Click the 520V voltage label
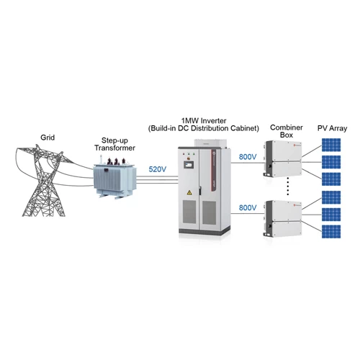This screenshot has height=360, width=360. [157, 169]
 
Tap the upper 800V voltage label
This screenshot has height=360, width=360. [248, 157]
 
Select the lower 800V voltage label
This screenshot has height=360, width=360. [248, 207]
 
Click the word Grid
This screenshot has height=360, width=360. [48, 138]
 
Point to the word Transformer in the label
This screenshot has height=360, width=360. [114, 148]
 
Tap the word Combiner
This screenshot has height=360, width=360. [287, 127]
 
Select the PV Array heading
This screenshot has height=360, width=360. [332, 128]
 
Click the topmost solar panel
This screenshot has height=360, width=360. [331, 145]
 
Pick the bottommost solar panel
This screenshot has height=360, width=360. [331, 232]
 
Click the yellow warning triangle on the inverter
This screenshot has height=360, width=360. [189, 192]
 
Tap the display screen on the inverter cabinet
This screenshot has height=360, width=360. [189, 165]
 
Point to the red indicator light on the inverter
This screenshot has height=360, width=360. [184, 154]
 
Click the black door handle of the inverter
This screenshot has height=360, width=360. [199, 191]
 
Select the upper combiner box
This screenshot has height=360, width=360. [283, 158]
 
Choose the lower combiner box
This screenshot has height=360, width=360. [283, 218]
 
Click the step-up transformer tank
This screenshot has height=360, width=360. [114, 178]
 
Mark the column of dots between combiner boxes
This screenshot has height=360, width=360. [288, 186]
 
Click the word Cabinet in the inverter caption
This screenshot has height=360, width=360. [245, 128]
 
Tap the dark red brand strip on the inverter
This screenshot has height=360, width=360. [214, 171]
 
